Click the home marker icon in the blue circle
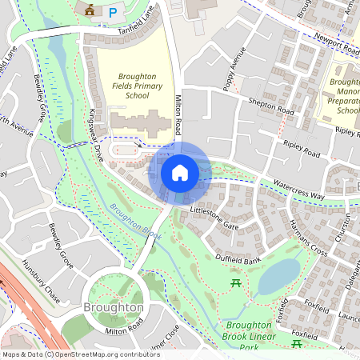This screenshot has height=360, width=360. pos(179,173)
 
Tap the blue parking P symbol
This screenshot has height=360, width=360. pos(113,12)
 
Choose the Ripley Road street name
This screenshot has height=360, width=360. pos(302,149)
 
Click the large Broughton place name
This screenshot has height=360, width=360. pos(114,307)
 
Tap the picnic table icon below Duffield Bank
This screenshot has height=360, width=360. pos(236,283)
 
